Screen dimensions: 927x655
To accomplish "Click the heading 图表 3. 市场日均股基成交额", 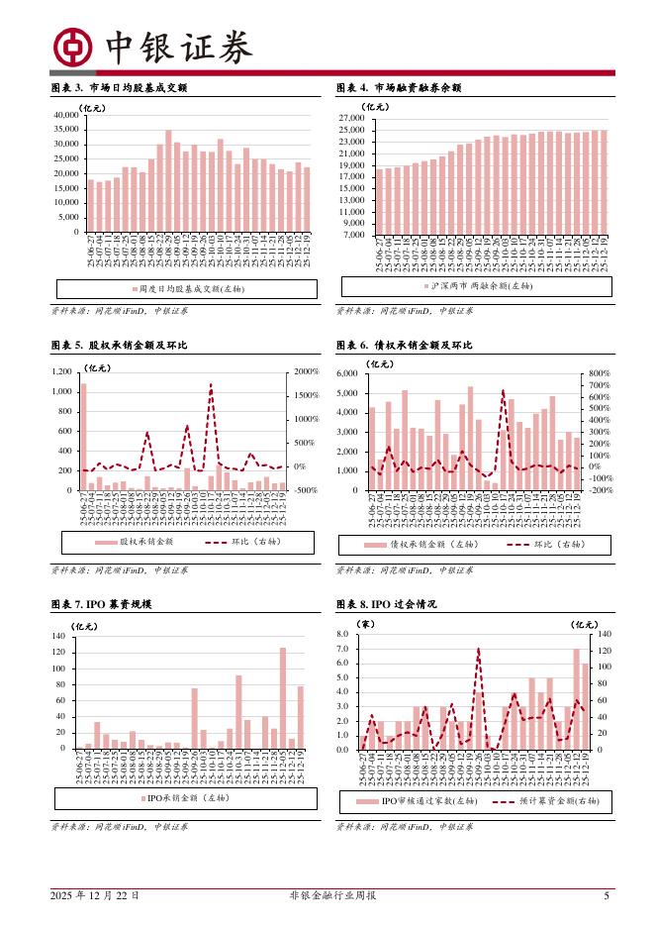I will click(x=118, y=88).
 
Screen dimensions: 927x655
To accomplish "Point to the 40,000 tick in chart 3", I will click(x=64, y=115).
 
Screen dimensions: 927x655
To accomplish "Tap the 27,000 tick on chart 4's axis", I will click(x=351, y=118).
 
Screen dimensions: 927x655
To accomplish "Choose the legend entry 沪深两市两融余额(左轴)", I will click(x=474, y=286).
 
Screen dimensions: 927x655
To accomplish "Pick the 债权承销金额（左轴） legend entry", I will click(x=423, y=545).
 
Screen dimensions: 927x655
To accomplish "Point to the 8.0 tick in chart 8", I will click(x=342, y=634).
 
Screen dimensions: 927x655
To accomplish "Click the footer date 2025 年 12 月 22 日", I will click(x=95, y=895).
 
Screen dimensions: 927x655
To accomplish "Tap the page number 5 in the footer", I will click(x=607, y=895).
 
